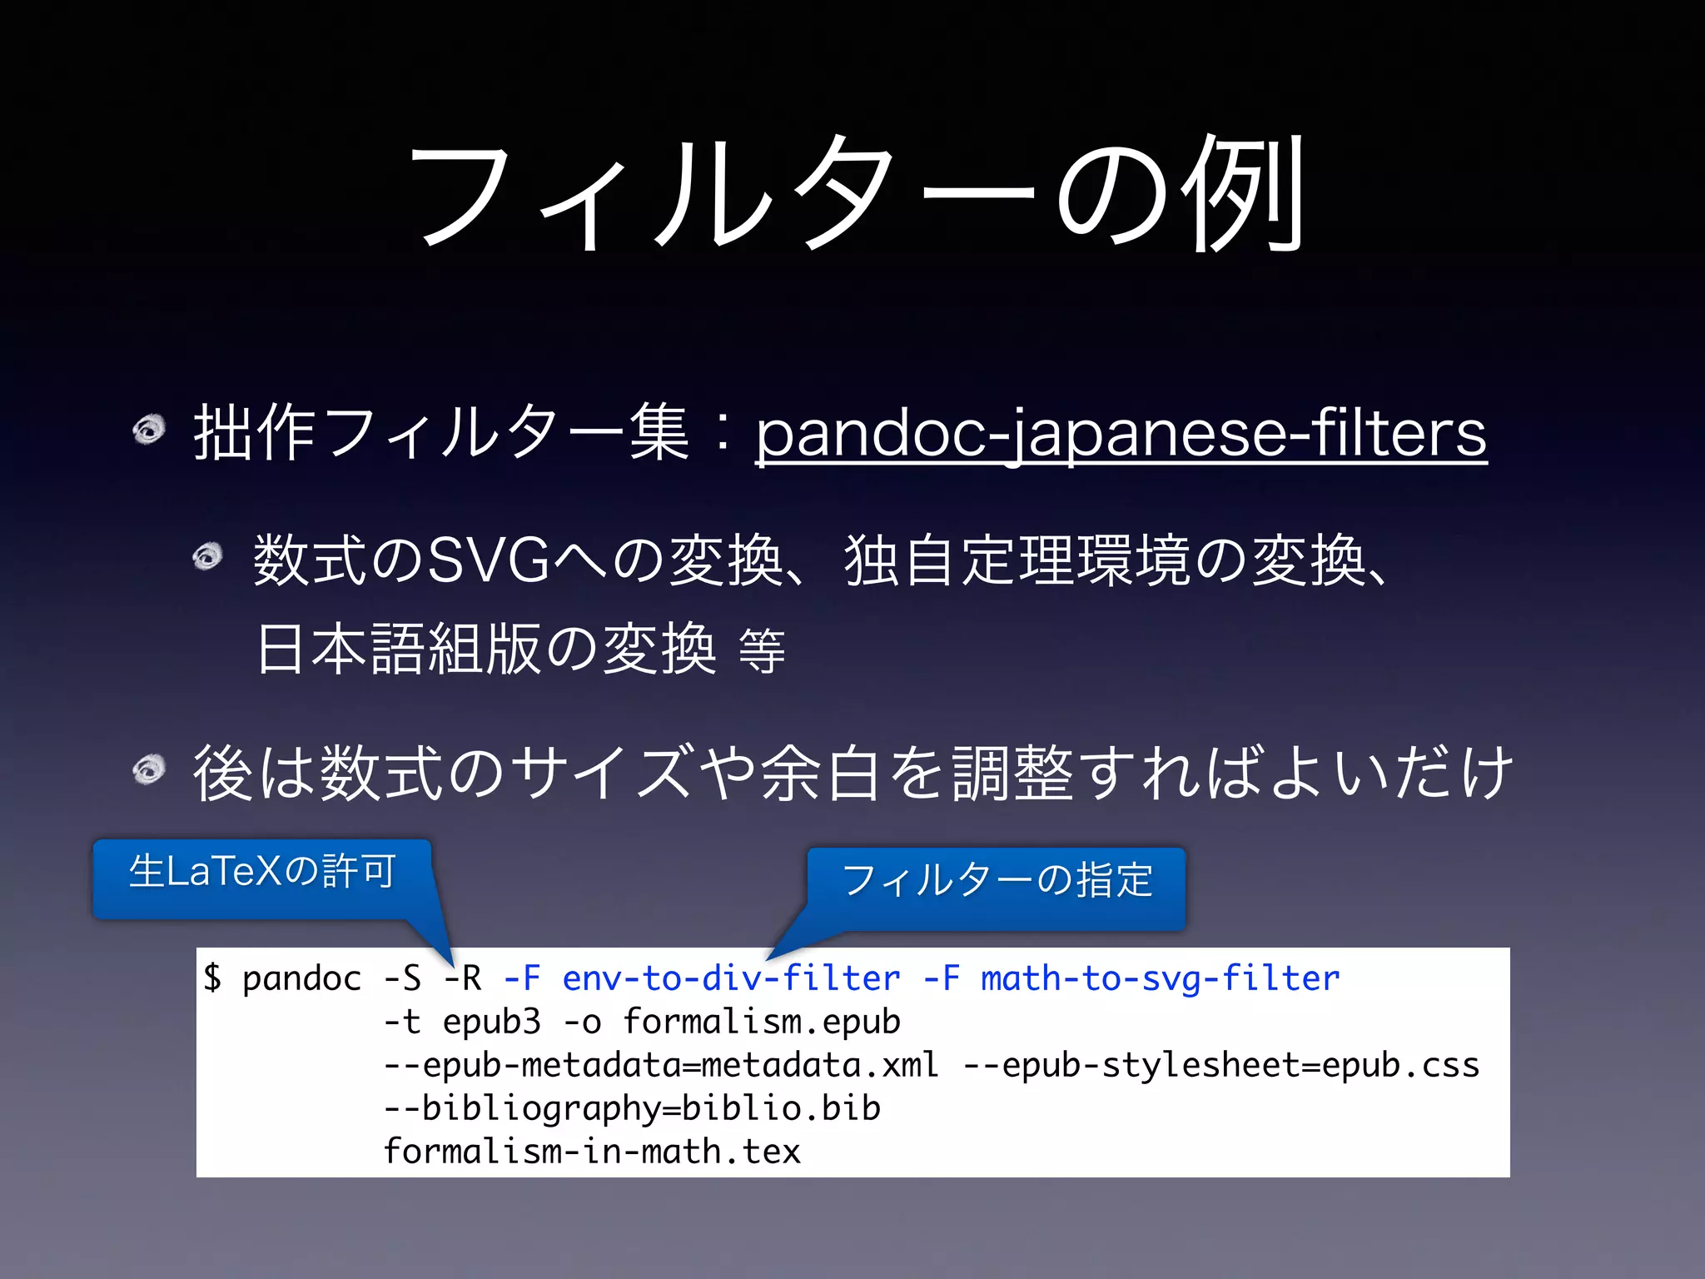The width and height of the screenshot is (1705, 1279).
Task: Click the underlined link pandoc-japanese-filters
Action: [x=1121, y=434]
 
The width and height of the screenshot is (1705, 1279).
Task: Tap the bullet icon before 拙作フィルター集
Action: [x=150, y=430]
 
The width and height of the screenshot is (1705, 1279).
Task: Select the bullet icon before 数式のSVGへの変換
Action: [x=208, y=556]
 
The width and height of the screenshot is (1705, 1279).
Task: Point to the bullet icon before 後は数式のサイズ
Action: [x=150, y=769]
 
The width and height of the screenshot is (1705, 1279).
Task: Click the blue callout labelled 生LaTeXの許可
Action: [x=261, y=874]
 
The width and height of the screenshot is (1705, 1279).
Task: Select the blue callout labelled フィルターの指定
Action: [x=997, y=883]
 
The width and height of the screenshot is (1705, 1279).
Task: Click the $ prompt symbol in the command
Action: [x=212, y=978]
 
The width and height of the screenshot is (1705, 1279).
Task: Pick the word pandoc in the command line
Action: [x=301, y=978]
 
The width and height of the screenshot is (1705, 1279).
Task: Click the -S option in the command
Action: [x=402, y=978]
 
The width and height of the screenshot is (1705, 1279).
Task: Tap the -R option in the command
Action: [x=463, y=978]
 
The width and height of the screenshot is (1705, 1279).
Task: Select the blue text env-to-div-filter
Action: [x=731, y=978]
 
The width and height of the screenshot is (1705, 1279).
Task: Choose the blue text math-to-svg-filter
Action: [x=1160, y=978]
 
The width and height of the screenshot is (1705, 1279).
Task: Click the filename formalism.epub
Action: [x=762, y=1022]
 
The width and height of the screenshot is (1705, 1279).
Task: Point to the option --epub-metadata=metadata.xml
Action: [x=661, y=1065]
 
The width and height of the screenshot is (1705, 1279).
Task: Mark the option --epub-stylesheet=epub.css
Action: [x=1220, y=1065]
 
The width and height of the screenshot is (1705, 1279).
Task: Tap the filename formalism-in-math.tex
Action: [x=592, y=1152]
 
